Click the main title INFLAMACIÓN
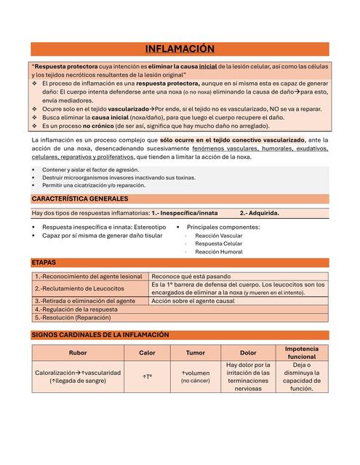180,49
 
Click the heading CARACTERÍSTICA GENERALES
80,198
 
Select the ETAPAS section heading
44,262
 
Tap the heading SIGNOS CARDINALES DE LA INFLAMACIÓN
100,335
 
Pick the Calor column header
147,353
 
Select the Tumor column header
195,353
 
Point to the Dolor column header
248,353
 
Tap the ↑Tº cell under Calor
147,377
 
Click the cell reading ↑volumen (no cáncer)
195,376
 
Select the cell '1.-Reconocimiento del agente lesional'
89,277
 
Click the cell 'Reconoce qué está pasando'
191,277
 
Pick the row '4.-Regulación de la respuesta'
76,309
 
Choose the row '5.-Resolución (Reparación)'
73,318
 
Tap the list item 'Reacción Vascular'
219,236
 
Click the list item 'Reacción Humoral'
219,252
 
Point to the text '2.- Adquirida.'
259,214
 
